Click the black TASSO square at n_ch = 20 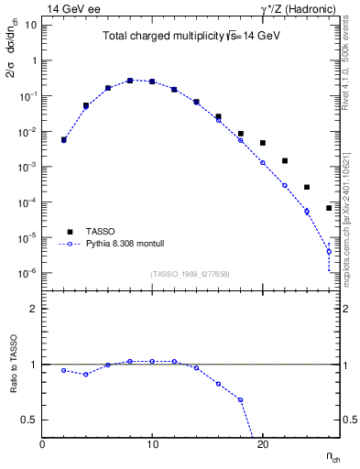pos(263,143)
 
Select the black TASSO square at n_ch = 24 pos(307,187)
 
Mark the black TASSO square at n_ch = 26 pos(329,208)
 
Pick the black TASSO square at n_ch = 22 pos(285,161)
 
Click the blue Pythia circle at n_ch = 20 pos(263,163)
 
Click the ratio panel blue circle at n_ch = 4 pos(86,374)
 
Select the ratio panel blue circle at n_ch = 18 pos(241,399)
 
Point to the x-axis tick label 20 pos(262,444)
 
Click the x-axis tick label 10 pos(152,444)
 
